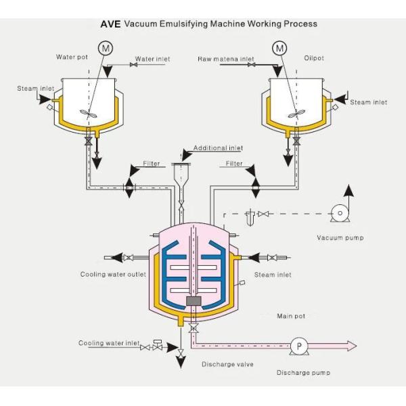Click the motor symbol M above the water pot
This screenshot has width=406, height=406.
click(x=106, y=47)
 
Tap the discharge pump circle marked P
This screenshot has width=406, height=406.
click(x=298, y=345)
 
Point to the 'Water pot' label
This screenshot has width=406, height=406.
click(x=72, y=58)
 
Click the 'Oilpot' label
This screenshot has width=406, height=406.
click(x=313, y=58)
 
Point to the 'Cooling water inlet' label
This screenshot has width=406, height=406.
click(x=109, y=343)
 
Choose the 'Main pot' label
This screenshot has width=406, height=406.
click(x=291, y=316)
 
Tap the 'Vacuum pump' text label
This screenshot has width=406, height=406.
click(x=340, y=238)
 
